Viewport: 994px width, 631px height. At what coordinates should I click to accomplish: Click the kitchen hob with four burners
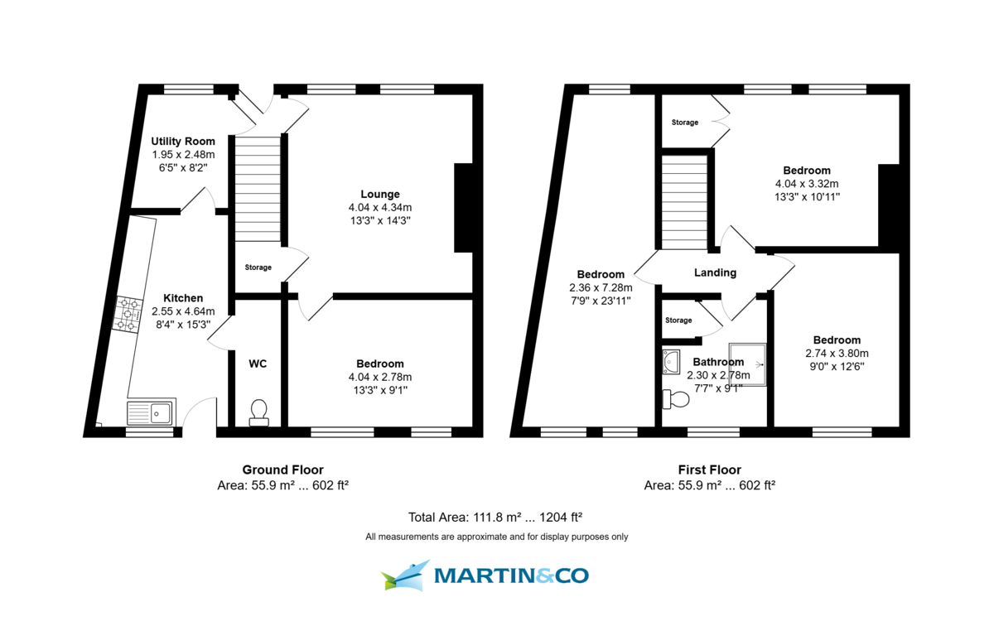tap(128, 315)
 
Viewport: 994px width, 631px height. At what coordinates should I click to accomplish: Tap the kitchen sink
tap(152, 412)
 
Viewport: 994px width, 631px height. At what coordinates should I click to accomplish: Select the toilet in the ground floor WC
tap(258, 412)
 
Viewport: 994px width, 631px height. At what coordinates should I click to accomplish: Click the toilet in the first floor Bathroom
tap(675, 399)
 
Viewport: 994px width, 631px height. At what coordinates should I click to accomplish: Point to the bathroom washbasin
tap(671, 362)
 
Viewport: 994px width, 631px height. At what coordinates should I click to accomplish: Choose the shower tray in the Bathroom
tap(747, 364)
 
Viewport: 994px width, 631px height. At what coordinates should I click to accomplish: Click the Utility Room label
tap(183, 141)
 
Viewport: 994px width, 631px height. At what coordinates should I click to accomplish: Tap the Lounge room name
tap(380, 194)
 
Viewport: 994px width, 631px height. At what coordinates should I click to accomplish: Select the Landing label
tap(715, 272)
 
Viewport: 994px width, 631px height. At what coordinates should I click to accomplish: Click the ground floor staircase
tap(258, 189)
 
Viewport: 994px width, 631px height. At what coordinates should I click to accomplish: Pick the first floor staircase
tap(685, 202)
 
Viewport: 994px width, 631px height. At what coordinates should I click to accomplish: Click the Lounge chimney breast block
tap(463, 208)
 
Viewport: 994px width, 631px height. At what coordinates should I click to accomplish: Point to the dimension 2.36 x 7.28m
tap(601, 287)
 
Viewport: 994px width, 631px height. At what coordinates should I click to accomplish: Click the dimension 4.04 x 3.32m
tap(807, 184)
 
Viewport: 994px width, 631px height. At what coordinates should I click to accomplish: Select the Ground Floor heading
tap(282, 470)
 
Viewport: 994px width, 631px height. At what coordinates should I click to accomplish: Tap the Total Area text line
tap(495, 517)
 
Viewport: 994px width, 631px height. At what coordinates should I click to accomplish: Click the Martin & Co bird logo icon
tap(406, 575)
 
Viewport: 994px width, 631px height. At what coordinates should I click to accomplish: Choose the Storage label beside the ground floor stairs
tap(258, 267)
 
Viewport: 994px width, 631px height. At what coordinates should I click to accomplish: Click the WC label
tap(258, 364)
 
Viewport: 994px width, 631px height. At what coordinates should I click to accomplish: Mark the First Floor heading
tap(710, 470)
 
